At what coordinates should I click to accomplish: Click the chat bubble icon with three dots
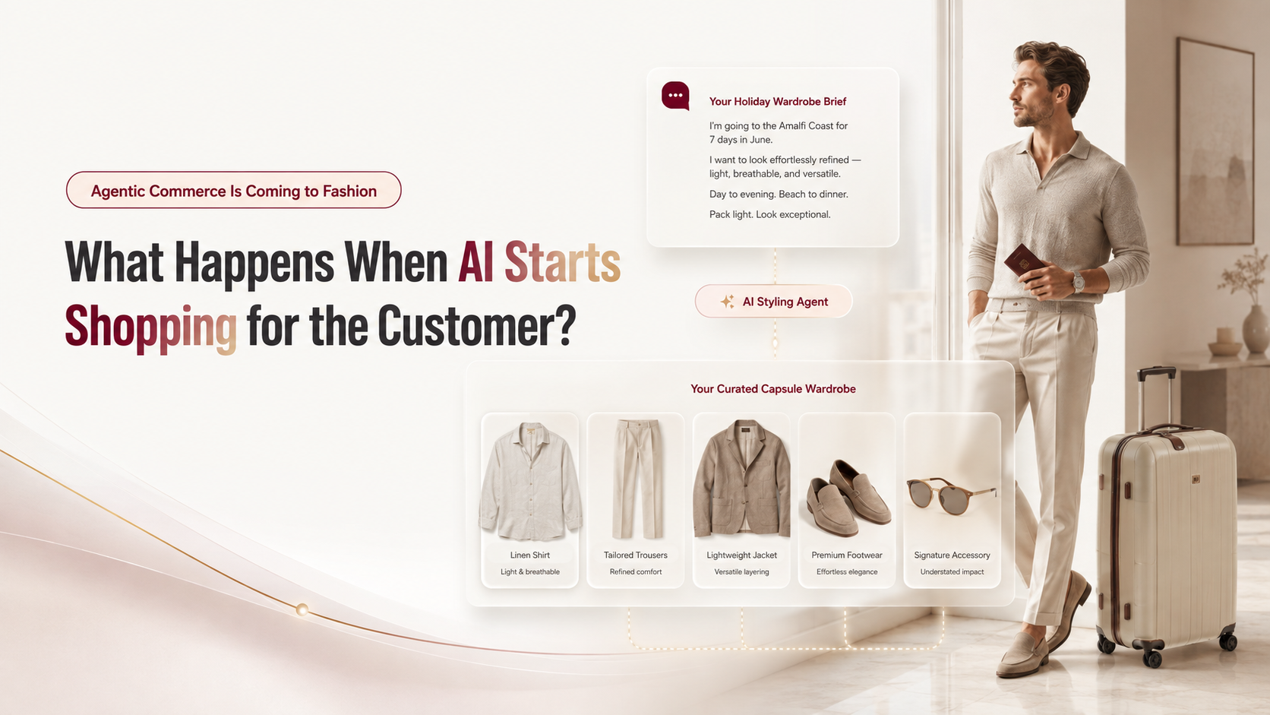click(x=675, y=95)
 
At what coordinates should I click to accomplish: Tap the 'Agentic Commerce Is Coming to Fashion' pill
click(x=234, y=190)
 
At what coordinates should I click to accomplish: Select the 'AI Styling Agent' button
click(x=773, y=301)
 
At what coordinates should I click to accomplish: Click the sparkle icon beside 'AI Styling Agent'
click(x=728, y=302)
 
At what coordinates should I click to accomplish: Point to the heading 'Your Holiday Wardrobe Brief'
click(x=777, y=102)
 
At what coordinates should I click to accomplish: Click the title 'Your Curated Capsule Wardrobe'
click(x=772, y=389)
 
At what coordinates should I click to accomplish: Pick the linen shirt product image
click(x=530, y=481)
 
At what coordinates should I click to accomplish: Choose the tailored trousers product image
click(x=636, y=479)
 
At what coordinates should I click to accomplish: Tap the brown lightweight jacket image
click(x=741, y=478)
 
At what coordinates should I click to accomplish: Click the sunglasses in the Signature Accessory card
click(x=952, y=495)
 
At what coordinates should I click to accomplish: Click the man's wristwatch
click(x=1077, y=281)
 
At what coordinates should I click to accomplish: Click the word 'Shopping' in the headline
click(x=151, y=327)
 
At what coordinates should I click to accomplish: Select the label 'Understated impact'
click(x=952, y=571)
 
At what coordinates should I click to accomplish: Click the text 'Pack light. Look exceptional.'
click(x=769, y=214)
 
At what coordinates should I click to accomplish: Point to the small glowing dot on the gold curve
click(x=302, y=609)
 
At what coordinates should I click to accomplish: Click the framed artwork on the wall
click(x=1215, y=142)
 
